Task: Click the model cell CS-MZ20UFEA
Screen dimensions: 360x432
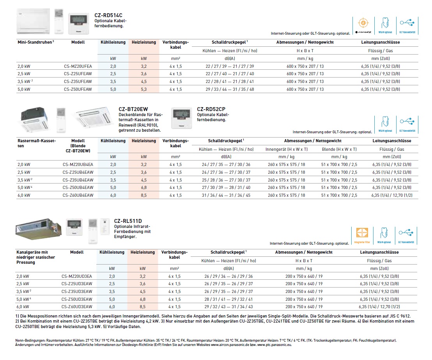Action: (x=78, y=66)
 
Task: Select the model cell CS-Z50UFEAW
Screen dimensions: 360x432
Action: (x=78, y=89)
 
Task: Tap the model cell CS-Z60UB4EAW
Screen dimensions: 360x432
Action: (x=78, y=195)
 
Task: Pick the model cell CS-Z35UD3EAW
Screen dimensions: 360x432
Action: (x=77, y=291)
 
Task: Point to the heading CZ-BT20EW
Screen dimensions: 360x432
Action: (x=133, y=109)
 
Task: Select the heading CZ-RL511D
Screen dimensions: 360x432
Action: (x=128, y=221)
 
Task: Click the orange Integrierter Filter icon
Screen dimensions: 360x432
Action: (x=362, y=233)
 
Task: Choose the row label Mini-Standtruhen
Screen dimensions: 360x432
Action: (x=35, y=42)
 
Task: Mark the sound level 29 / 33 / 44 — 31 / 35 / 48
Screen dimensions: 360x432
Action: (x=230, y=89)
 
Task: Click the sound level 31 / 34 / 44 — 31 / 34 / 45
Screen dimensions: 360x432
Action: (x=226, y=195)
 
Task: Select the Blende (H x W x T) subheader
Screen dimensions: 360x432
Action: (x=339, y=149)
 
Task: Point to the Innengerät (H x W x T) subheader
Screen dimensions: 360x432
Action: (x=287, y=149)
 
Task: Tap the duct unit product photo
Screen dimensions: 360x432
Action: (x=38, y=230)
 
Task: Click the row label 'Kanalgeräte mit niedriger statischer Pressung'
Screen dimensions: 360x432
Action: (x=35, y=257)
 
